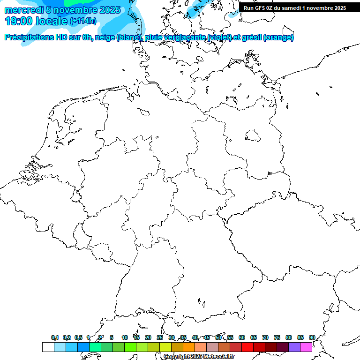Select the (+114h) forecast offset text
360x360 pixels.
click(x=83, y=21)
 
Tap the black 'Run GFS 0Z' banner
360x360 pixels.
click(x=294, y=7)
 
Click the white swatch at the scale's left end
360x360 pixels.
click(x=48, y=347)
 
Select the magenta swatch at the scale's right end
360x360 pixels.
click(x=306, y=347)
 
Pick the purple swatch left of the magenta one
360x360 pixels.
click(x=294, y=347)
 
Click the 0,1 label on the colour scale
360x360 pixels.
click(x=55, y=338)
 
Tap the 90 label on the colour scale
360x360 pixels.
click(x=312, y=338)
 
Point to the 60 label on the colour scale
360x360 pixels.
click(x=242, y=338)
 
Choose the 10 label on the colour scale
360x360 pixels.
click(x=125, y=338)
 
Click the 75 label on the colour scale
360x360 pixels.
click(x=277, y=338)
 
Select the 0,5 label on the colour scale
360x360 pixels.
click(x=78, y=338)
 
